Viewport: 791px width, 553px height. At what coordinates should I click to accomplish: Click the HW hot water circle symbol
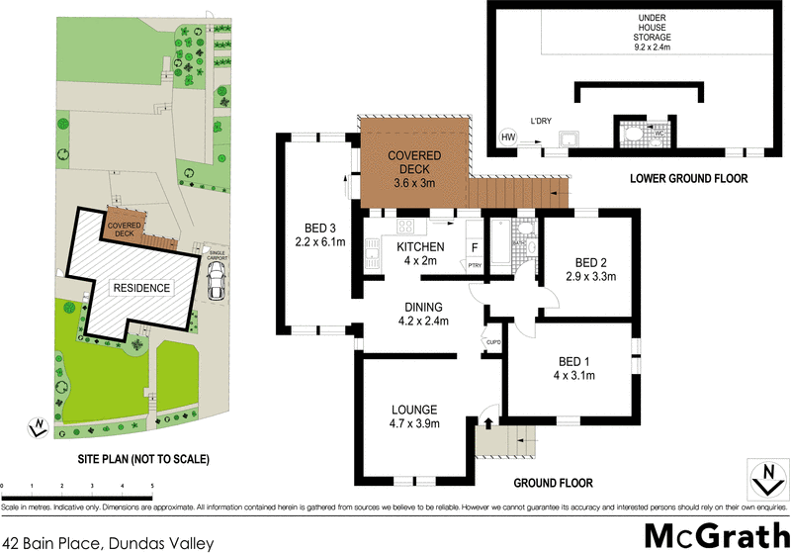point(509,138)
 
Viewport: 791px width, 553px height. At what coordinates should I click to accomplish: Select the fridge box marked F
point(475,247)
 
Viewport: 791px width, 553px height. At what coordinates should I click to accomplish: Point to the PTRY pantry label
point(474,265)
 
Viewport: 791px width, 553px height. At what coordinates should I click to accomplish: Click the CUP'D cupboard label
point(491,342)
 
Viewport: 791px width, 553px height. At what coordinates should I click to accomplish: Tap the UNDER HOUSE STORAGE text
point(653,32)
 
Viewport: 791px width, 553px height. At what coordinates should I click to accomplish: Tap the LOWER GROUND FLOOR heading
point(689,179)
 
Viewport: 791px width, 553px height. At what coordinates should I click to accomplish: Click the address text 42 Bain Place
point(108,541)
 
